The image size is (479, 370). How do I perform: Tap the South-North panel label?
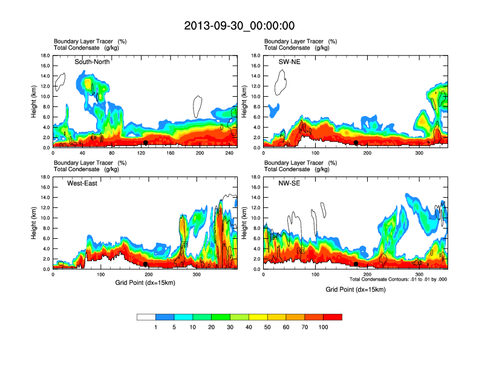[92, 62]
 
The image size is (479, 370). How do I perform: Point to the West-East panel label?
[82, 183]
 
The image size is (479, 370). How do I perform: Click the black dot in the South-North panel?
[146, 143]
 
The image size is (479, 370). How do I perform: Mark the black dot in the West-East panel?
[146, 264]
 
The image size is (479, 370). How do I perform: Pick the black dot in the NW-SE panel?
[356, 264]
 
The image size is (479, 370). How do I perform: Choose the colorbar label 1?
[156, 327]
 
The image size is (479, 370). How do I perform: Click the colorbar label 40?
[249, 327]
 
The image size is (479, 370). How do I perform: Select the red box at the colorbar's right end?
[333, 317]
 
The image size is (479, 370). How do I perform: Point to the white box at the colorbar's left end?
[146, 317]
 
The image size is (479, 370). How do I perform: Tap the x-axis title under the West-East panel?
[145, 282]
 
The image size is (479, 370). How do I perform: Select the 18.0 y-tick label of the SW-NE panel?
[256, 56]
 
